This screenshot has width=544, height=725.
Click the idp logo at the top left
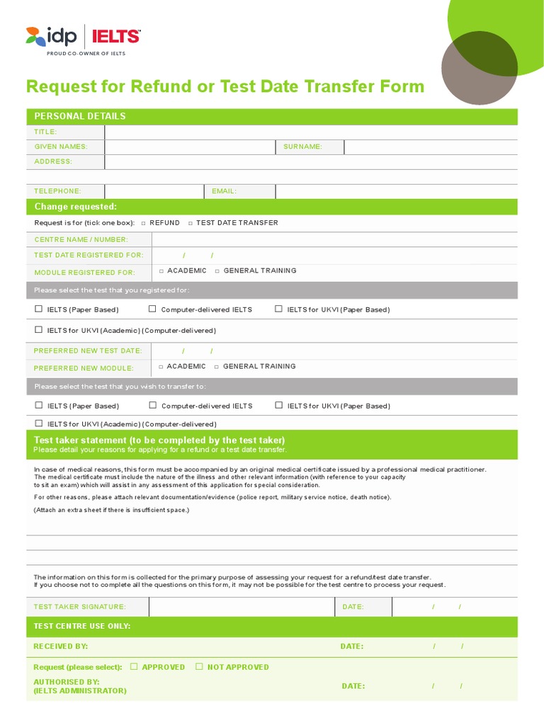pos(51,36)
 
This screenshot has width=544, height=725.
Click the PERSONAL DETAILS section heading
pos(80,117)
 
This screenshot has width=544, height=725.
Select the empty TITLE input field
pos(310,132)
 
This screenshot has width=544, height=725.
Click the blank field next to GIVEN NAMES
pos(190,147)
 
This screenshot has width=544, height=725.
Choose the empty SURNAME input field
pos(430,147)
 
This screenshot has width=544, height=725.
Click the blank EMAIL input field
pos(396,192)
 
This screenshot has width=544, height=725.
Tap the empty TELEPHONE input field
pos(154,192)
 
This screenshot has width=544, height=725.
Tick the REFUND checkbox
pos(144,223)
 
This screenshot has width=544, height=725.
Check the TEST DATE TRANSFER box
pos(190,223)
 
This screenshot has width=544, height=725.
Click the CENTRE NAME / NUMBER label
pos(81,240)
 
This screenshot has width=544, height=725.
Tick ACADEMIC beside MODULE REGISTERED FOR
pos(161,271)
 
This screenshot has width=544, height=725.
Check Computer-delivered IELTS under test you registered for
pos(152,309)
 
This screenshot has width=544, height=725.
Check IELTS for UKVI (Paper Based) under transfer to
pos(279,406)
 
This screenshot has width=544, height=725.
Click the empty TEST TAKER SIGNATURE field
pos(241,607)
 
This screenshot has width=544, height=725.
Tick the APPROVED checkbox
pos(134,667)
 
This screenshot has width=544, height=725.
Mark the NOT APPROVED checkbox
pos(199,667)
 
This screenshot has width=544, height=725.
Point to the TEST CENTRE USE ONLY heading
pos(82,627)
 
